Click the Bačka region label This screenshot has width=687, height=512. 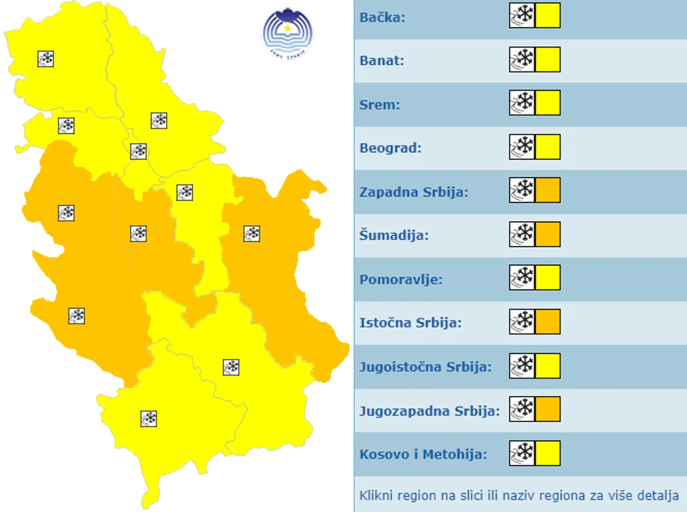[382, 17]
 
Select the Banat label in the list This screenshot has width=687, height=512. [382, 61]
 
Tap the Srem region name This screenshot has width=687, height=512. [380, 104]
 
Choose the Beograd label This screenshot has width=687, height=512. [390, 148]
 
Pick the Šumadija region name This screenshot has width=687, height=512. [394, 236]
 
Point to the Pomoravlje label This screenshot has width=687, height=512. [401, 280]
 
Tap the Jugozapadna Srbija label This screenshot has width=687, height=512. [430, 410]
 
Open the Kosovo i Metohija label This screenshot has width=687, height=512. [423, 454]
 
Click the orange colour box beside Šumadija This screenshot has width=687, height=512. [547, 234]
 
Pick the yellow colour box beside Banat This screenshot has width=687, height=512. [547, 59]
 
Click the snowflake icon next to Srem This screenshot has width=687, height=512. [523, 103]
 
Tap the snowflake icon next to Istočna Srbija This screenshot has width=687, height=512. [523, 321]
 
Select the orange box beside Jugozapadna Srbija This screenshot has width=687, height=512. [547, 409]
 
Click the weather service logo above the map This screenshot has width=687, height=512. [287, 34]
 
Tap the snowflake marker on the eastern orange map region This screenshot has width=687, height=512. [251, 234]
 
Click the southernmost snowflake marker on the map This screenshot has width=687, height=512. [149, 419]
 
